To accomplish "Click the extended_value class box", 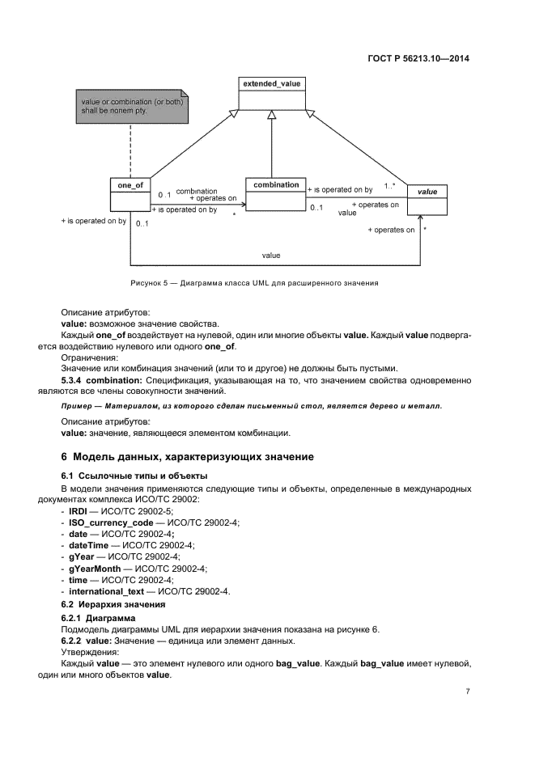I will [272, 93].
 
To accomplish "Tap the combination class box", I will [276, 194].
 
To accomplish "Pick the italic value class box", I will [427, 201].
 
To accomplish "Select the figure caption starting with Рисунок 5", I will [254, 284].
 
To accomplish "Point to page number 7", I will [468, 692].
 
